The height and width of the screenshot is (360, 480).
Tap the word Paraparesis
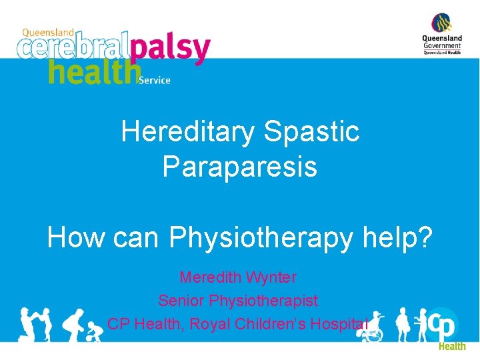[x=239, y=167]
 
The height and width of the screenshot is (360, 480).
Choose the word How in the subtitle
[x=71, y=237]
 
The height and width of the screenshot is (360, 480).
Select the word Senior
[x=181, y=301]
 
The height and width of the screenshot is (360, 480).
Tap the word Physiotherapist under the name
[x=263, y=301]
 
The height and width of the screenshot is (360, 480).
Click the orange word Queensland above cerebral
[x=47, y=32]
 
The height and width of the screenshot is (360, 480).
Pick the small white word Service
[x=155, y=81]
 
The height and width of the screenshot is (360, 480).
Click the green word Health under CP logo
[x=451, y=346]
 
